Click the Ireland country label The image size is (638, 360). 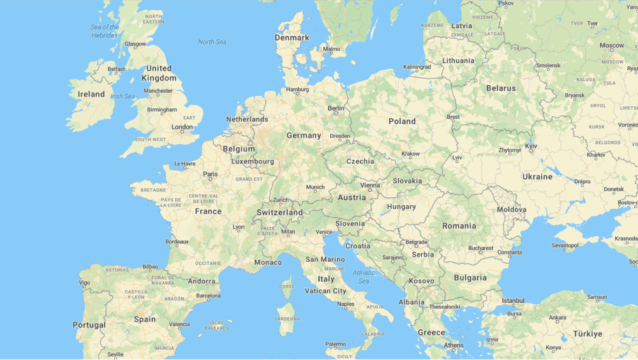pyautogui.click(x=91, y=94)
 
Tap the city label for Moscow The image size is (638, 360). pyautogui.click(x=611, y=45)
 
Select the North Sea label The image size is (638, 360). pyautogui.click(x=212, y=42)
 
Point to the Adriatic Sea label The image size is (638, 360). pyautogui.click(x=364, y=276)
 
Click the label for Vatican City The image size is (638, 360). pyautogui.click(x=325, y=291)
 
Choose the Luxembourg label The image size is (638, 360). pyautogui.click(x=253, y=161)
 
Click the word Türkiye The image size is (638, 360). pyautogui.click(x=587, y=334)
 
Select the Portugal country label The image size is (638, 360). pyautogui.click(x=89, y=325)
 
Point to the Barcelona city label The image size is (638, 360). pyautogui.click(x=208, y=296)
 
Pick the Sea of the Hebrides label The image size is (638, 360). pyautogui.click(x=105, y=31)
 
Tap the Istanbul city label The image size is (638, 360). pyautogui.click(x=513, y=301)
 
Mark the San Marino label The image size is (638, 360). pyautogui.click(x=325, y=259)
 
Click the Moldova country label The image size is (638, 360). pyautogui.click(x=512, y=209)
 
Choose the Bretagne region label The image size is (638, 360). pyautogui.click(x=153, y=190)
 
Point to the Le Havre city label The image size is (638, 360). pyautogui.click(x=185, y=163)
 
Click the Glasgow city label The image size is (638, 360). pyautogui.click(x=135, y=44)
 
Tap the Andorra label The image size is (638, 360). pyautogui.click(x=201, y=281)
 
